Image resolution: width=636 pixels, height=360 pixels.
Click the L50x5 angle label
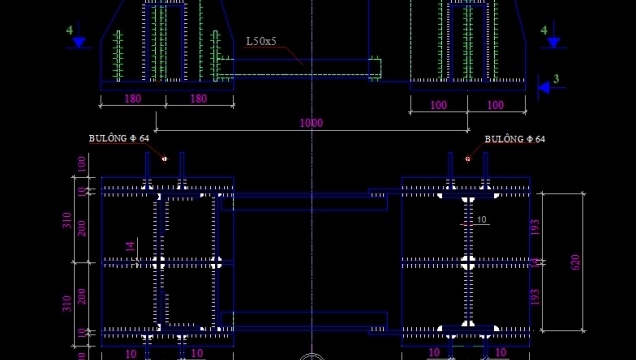262,42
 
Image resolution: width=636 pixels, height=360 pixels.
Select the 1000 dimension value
311,122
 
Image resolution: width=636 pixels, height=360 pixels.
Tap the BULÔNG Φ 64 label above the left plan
118,139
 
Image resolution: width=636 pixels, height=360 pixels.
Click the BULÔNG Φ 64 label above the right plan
515,139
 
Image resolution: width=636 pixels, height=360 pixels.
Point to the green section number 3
556,78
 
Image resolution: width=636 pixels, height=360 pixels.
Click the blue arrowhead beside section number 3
544,88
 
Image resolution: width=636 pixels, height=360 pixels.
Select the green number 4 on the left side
70,31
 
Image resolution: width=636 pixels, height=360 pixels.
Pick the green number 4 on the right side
544,31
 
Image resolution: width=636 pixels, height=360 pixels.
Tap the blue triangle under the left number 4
80,44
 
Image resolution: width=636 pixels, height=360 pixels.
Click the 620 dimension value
575,262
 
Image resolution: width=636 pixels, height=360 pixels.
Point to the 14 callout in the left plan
130,245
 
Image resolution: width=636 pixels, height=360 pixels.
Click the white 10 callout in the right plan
481,219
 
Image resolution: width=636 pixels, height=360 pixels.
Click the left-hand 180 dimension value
132,99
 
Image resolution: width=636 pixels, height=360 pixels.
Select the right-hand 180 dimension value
198,99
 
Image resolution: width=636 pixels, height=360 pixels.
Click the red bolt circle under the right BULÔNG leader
467,157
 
